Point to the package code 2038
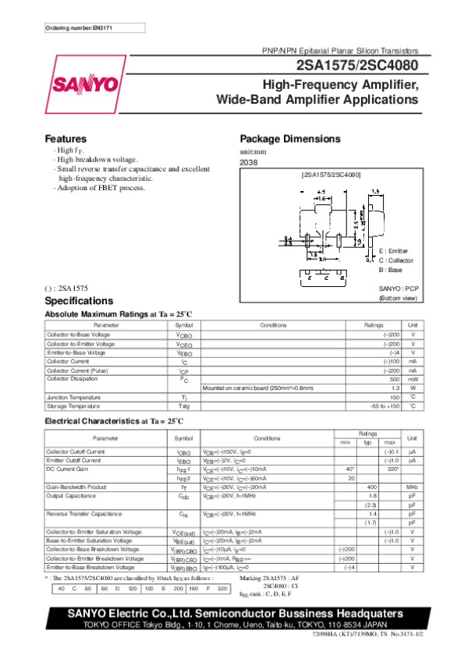coord(247,163)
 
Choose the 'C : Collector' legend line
coord(395,260)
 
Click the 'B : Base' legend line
coord(390,269)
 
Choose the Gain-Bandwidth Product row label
coord(76,487)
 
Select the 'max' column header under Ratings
coord(389,442)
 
